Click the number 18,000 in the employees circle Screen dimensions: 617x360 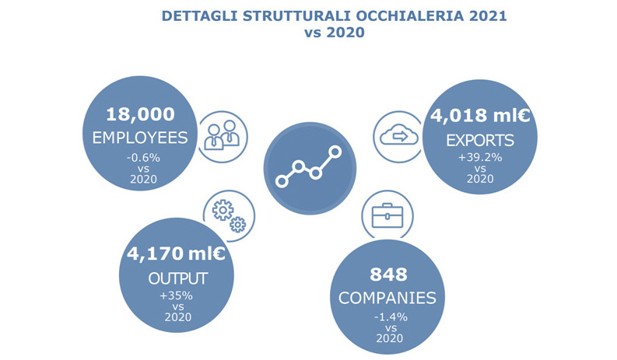point(141,114)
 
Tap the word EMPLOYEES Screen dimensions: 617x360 point(140,138)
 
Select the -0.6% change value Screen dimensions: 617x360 point(143,158)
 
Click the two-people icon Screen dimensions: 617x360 point(222,135)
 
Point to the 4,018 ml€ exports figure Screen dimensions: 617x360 point(480,115)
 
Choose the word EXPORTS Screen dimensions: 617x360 point(480,141)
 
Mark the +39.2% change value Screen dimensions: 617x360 point(480,157)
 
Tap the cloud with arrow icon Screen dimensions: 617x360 point(398,136)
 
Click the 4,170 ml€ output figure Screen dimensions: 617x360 point(176,253)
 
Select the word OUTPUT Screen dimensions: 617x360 point(178,278)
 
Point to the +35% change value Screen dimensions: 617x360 point(177,295)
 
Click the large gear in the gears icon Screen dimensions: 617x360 point(223,210)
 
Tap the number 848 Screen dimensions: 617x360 point(388,274)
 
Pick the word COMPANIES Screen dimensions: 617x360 point(387,299)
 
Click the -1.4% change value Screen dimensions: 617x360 point(391,316)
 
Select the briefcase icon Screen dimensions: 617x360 point(387,215)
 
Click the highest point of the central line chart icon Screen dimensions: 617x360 point(335,152)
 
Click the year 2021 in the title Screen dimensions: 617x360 point(489,16)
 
